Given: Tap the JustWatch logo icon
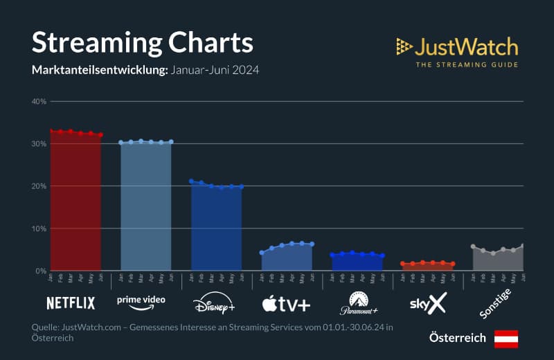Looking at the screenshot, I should [404, 47].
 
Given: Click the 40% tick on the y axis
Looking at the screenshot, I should [38, 101].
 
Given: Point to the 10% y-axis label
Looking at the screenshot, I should [38, 228].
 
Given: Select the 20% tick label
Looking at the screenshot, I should [38, 186].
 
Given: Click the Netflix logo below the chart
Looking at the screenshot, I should [71, 303].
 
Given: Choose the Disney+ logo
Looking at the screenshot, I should [214, 303].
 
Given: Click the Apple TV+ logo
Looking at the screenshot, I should [285, 303].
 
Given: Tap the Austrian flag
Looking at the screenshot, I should [506, 339].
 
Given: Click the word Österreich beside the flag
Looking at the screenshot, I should [457, 338].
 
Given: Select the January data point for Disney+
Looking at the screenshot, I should [191, 181].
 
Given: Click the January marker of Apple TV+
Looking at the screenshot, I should [262, 253].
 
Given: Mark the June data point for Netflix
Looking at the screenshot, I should [100, 135].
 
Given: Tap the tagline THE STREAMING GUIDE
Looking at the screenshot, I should [466, 64].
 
